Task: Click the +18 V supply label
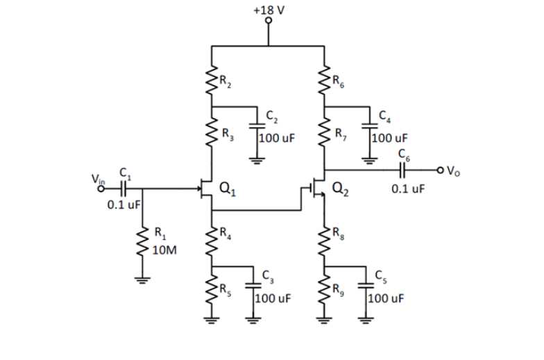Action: (270, 11)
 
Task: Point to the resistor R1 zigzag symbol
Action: (144, 242)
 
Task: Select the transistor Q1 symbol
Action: (206, 187)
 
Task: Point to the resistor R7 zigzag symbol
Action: (324, 133)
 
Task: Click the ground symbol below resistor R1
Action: (144, 282)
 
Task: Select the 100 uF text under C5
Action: (386, 300)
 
